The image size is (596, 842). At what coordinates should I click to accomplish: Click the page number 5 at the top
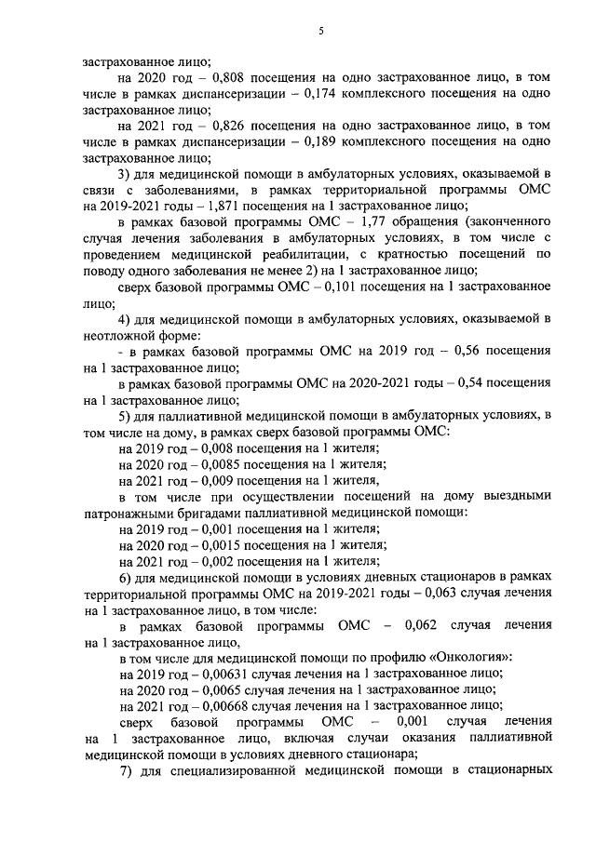click(320, 32)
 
